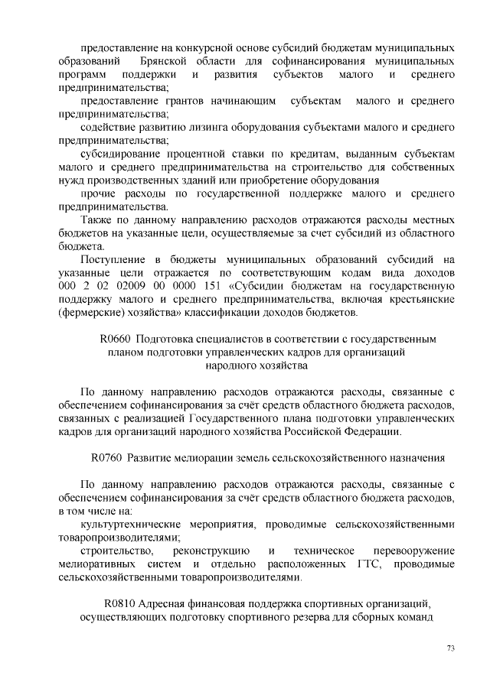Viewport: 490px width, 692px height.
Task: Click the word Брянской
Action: click(x=166, y=60)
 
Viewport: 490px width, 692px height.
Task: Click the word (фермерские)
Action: click(x=93, y=313)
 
